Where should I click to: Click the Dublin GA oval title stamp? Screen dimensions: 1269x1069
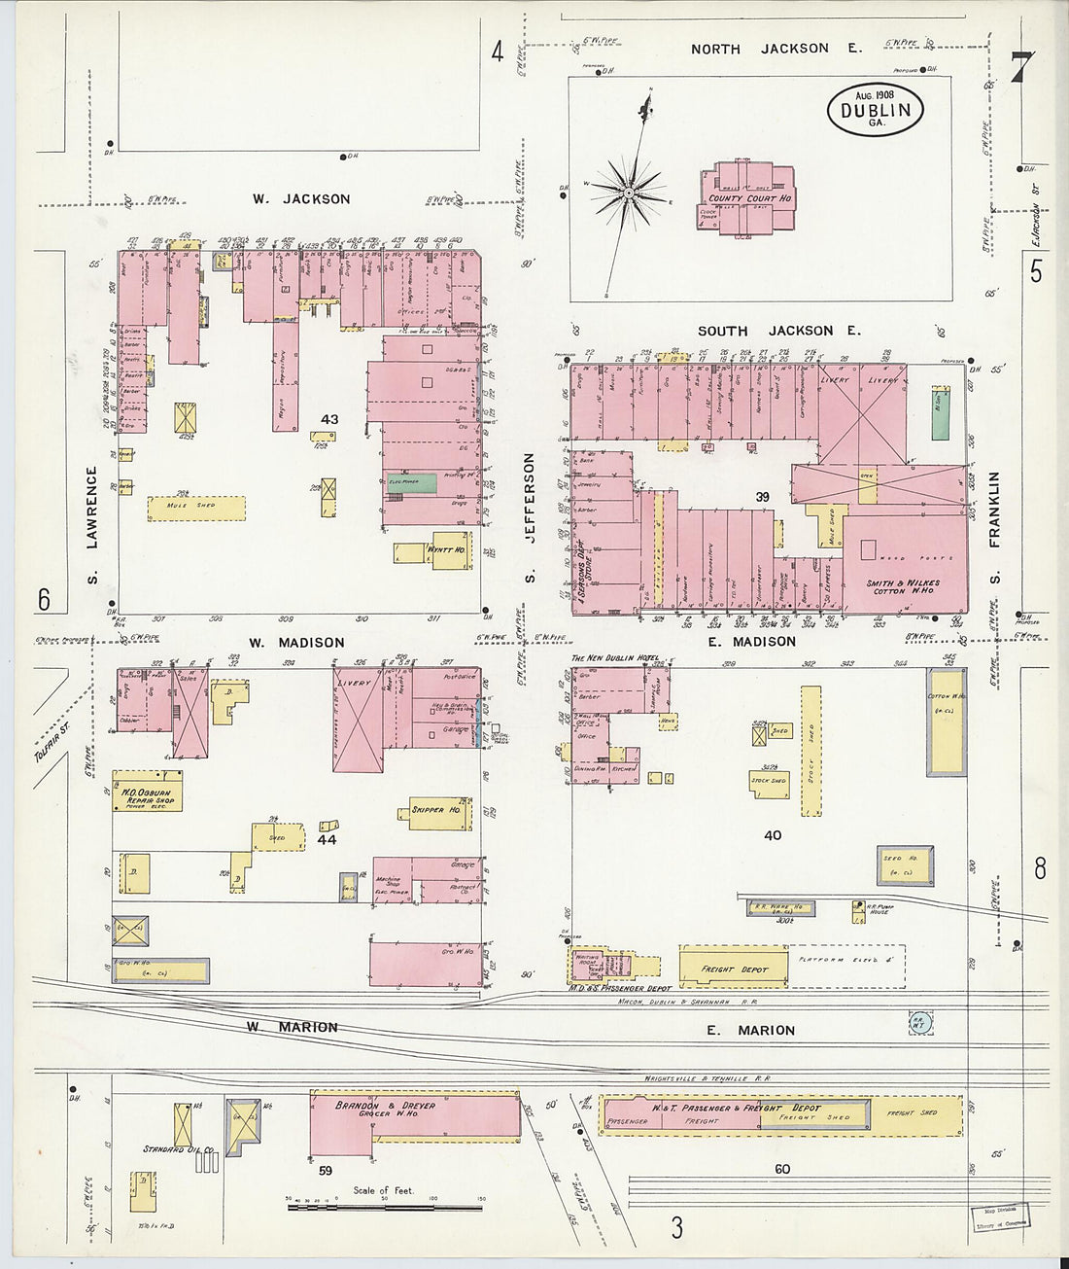(x=876, y=110)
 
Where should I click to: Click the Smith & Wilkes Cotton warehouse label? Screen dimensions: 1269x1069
(x=904, y=587)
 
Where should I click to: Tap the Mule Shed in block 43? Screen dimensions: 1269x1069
(x=196, y=508)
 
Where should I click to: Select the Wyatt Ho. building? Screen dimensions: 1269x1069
(x=445, y=550)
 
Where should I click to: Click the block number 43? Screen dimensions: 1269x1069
(x=329, y=419)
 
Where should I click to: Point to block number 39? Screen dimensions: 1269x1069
(x=763, y=497)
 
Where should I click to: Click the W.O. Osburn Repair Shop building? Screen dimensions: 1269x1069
(x=148, y=793)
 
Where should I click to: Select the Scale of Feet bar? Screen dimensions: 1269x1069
(x=385, y=1207)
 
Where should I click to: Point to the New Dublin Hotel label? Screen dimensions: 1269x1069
(x=614, y=658)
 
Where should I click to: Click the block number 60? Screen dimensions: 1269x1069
(x=781, y=1169)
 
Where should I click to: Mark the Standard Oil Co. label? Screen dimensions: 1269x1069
(x=178, y=1149)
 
